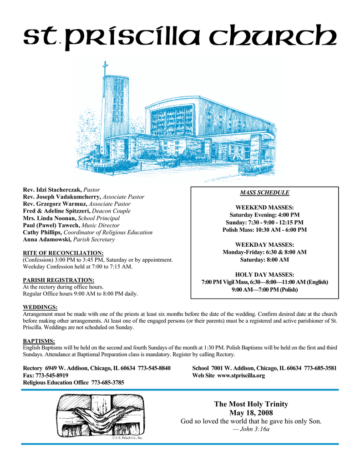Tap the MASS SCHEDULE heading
(264, 192)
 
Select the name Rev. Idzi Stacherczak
(52, 189)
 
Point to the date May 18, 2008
(251, 413)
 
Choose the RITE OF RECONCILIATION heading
(63, 253)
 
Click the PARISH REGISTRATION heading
(59, 280)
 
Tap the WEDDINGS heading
(40, 307)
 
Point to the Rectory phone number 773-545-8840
(147, 368)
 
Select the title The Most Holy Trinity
(251, 404)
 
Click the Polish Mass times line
(264, 230)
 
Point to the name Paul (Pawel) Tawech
(51, 225)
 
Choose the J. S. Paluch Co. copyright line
(127, 438)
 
